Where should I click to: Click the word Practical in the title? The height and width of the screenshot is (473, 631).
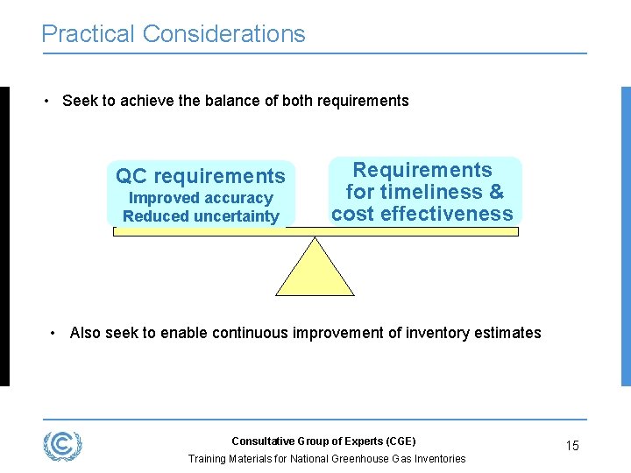click(x=88, y=34)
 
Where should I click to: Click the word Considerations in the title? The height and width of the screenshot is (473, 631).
click(x=223, y=34)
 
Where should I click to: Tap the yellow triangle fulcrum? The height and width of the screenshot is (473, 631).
click(x=315, y=270)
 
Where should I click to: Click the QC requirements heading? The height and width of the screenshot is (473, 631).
click(x=201, y=176)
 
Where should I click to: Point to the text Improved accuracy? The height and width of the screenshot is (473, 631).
click(x=201, y=198)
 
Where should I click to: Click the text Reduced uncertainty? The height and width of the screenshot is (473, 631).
click(x=201, y=215)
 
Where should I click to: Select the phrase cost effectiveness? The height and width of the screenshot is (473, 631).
click(x=422, y=214)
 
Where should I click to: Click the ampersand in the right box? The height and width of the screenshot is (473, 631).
click(x=496, y=192)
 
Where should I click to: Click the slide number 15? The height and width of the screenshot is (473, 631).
click(x=571, y=446)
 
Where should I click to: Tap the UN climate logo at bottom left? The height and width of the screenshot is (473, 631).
click(x=63, y=445)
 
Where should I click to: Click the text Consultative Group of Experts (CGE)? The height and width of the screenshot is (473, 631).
click(x=323, y=441)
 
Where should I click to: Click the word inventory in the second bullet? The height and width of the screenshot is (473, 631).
click(x=435, y=333)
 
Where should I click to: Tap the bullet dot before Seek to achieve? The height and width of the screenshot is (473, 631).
click(x=46, y=101)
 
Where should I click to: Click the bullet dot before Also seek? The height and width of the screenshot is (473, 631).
click(x=54, y=333)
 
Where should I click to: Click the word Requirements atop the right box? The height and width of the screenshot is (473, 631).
click(x=422, y=170)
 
